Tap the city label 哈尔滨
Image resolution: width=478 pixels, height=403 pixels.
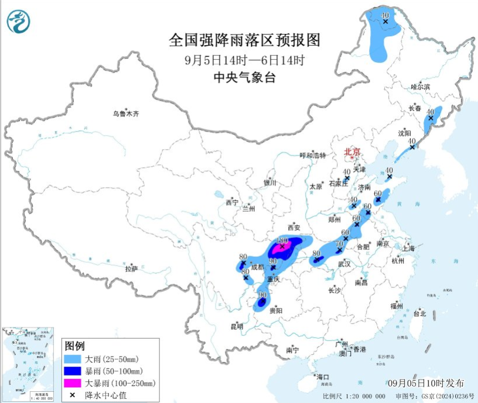pyautogui.click(x=420, y=87)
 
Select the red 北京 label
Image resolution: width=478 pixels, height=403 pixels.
pyautogui.click(x=351, y=151)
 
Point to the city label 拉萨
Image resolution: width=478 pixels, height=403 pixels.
pyautogui.click(x=131, y=268)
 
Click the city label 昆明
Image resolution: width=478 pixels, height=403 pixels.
pyautogui.click(x=236, y=326)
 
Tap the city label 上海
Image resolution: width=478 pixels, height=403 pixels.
pyautogui.click(x=408, y=248)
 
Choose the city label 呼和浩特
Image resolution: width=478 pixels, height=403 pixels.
pyautogui.click(x=311, y=155)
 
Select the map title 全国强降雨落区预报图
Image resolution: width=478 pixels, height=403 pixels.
pyautogui.click(x=244, y=40)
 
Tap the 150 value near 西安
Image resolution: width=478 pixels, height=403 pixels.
pyautogui.click(x=282, y=240)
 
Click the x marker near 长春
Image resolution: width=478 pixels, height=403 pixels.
pyautogui.click(x=431, y=118)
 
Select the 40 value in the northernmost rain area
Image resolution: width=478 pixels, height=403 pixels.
pyautogui.click(x=385, y=14)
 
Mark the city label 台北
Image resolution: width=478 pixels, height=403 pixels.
pyautogui.click(x=420, y=314)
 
